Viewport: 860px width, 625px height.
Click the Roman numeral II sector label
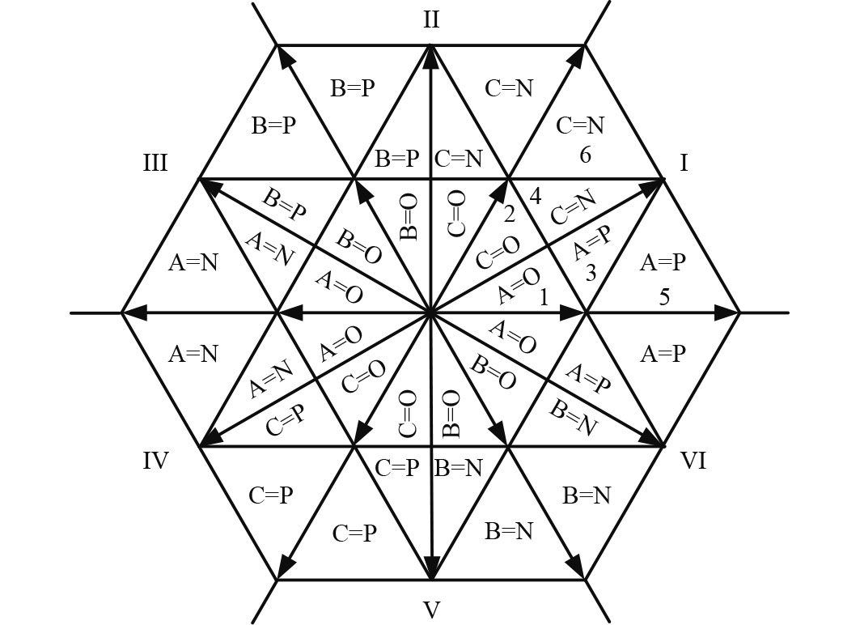tap(431, 19)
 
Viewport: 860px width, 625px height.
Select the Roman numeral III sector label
tap(155, 164)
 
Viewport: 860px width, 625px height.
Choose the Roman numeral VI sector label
tap(693, 461)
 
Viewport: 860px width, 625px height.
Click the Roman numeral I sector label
tap(684, 164)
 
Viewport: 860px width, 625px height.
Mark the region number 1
tap(544, 298)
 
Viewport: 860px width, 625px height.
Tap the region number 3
tap(591, 274)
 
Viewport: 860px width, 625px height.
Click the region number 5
tap(664, 297)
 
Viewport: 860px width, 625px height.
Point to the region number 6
tap(585, 155)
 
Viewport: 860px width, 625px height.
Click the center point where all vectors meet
tap(431, 312)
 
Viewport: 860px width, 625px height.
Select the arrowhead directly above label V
tap(431, 570)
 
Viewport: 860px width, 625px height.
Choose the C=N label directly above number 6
tap(580, 125)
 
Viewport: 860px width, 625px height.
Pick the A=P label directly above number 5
tap(663, 263)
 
